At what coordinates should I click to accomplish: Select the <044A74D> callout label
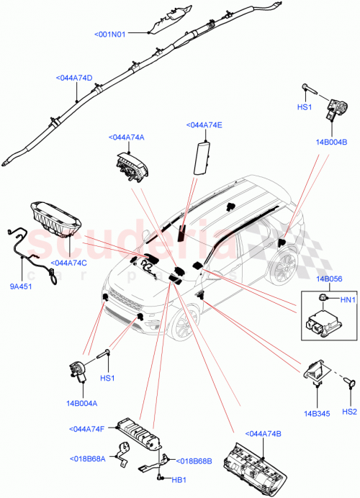pos(74,78)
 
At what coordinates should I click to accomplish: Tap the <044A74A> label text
pos(126,137)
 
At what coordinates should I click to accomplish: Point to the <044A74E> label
pos(204,124)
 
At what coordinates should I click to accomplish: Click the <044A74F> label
pos(90,429)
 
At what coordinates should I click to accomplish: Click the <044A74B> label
pos(264,433)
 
